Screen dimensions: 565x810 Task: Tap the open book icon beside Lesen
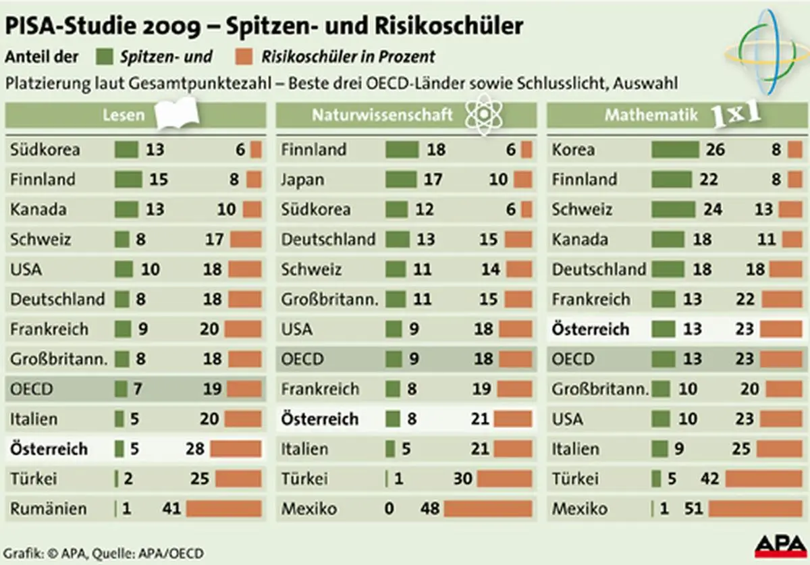point(177,113)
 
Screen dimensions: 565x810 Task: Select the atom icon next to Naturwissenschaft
point(482,115)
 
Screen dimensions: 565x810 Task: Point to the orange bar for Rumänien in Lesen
point(223,508)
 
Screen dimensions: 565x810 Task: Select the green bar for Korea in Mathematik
point(674,149)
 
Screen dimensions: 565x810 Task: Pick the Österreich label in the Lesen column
point(49,448)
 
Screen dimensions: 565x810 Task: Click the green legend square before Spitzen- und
point(105,57)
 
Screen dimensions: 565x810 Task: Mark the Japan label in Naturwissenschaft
point(302,180)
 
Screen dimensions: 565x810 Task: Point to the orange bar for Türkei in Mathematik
point(764,479)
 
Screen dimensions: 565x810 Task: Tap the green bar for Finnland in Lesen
point(128,180)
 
